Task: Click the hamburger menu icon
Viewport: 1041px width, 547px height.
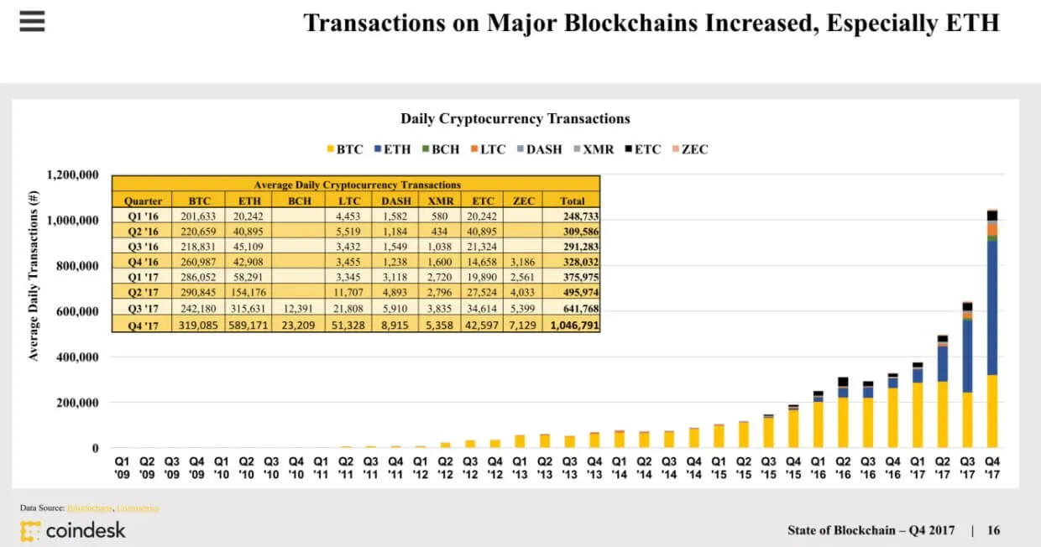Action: pos(31,21)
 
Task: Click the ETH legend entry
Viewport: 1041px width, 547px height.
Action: pos(391,149)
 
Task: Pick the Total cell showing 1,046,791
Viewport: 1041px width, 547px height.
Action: pos(574,324)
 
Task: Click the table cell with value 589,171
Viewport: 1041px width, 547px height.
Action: pos(249,324)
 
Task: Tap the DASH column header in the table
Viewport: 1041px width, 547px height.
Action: pos(396,201)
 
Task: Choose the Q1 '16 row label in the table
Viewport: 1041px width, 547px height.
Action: pos(142,217)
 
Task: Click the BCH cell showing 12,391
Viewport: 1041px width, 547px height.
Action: pos(300,308)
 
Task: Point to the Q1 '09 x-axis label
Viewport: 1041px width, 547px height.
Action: pos(123,467)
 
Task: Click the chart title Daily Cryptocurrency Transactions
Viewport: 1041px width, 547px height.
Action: pos(515,119)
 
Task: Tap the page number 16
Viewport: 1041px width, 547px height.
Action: pos(993,530)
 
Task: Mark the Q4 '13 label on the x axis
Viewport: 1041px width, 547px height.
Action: pos(594,467)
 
